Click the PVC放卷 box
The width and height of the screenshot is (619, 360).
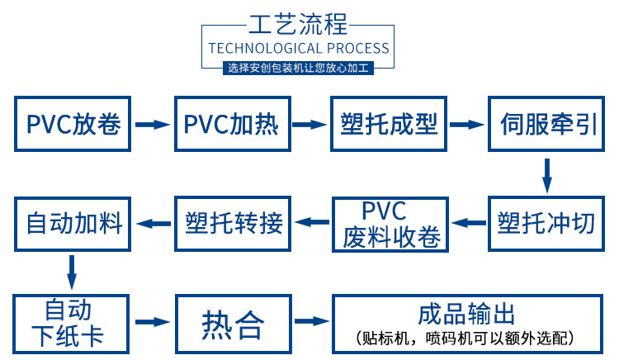73,125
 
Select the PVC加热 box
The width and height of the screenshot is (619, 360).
231,125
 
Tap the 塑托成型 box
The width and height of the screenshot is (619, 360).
388,125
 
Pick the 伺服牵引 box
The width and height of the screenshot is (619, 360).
546,125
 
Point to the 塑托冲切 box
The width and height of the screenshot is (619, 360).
546,223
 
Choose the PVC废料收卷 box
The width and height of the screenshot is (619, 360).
388,223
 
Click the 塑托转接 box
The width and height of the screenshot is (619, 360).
231,223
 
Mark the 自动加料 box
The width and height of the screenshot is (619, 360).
73,223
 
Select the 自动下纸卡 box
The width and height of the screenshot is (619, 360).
73,322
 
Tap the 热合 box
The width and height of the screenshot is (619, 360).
231,322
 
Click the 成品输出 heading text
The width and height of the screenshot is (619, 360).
466,314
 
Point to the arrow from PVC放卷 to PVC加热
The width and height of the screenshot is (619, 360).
151,125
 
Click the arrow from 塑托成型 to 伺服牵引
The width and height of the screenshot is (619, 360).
466,125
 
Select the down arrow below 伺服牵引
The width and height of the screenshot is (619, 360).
546,174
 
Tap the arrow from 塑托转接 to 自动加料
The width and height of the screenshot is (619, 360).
153,223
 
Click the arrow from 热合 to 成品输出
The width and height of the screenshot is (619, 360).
309,322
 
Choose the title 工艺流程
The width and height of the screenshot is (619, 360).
298,21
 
